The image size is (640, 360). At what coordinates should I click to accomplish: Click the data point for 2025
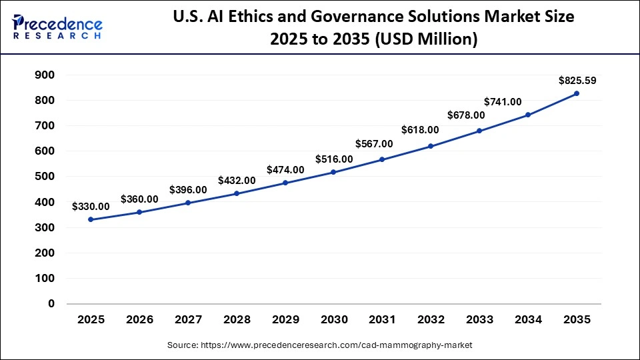pyautogui.click(x=91, y=219)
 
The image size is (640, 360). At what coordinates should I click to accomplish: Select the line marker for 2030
pyautogui.click(x=333, y=172)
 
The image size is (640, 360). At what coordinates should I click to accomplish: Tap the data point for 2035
pyautogui.click(x=577, y=93)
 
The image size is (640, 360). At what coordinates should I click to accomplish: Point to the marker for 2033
pyautogui.click(x=479, y=131)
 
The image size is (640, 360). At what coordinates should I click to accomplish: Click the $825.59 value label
pyautogui.click(x=577, y=81)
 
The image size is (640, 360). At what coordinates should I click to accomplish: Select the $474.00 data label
pyautogui.click(x=285, y=170)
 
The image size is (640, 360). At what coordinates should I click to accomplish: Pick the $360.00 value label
pyautogui.click(x=139, y=199)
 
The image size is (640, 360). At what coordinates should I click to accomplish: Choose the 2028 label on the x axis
pyautogui.click(x=237, y=320)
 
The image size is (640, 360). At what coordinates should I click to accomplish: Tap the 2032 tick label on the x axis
pyautogui.click(x=431, y=320)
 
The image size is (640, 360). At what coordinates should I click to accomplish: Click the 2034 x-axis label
pyautogui.click(x=528, y=320)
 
